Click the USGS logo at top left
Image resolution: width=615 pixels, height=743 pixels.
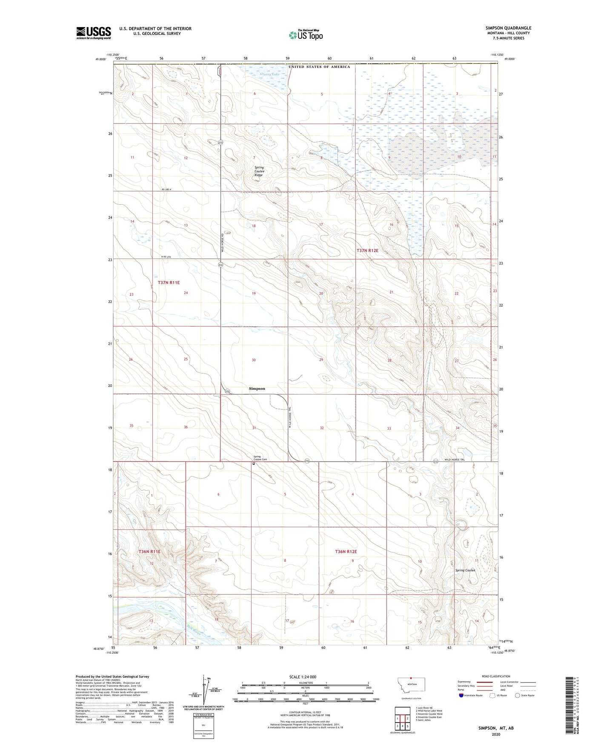(x=93, y=33)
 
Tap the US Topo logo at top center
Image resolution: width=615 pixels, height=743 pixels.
(x=306, y=35)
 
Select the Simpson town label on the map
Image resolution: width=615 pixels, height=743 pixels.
(x=257, y=389)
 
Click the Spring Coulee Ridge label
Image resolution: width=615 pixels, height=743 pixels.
(x=259, y=171)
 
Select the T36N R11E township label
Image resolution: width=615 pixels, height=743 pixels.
(x=149, y=552)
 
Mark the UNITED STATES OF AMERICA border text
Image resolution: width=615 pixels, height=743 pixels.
(x=319, y=67)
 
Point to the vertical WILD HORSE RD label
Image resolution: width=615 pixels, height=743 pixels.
(x=223, y=243)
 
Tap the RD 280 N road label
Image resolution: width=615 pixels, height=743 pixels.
(x=169, y=189)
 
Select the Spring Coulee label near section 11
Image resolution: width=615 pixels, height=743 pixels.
(x=465, y=570)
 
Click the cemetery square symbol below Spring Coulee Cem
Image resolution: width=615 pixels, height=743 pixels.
(x=254, y=464)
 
